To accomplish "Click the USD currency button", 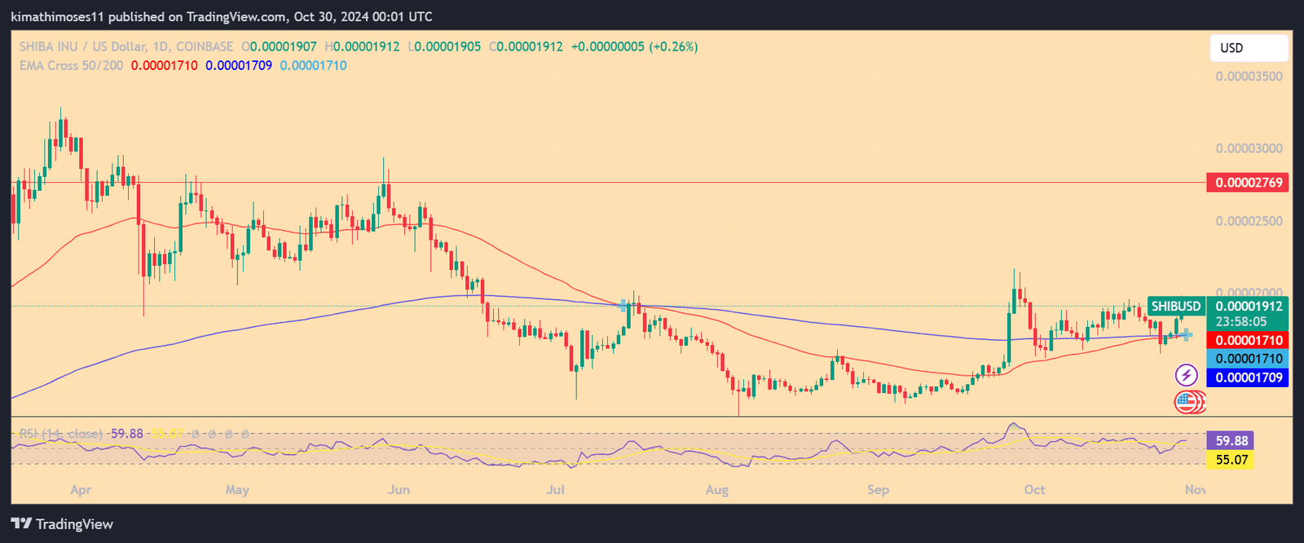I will [x=1248, y=48].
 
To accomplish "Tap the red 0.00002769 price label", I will [x=1248, y=183].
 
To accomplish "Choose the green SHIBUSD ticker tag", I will [x=1176, y=307].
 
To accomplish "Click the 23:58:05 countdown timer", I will [x=1241, y=322].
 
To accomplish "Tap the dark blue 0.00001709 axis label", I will [x=1248, y=377].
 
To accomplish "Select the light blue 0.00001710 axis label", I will [x=1248, y=359].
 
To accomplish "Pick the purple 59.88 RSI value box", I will [x=1231, y=441].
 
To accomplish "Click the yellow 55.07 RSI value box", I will [x=1231, y=460].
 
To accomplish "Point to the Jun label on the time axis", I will [x=399, y=490].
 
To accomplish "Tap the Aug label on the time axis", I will [x=716, y=490].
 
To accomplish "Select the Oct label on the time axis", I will [x=1034, y=490].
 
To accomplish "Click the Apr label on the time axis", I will [x=81, y=490].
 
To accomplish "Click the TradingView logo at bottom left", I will [x=62, y=524].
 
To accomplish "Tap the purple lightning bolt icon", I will [x=1186, y=375].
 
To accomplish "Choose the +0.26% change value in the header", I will [x=673, y=47].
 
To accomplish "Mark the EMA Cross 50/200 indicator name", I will [x=72, y=65].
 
